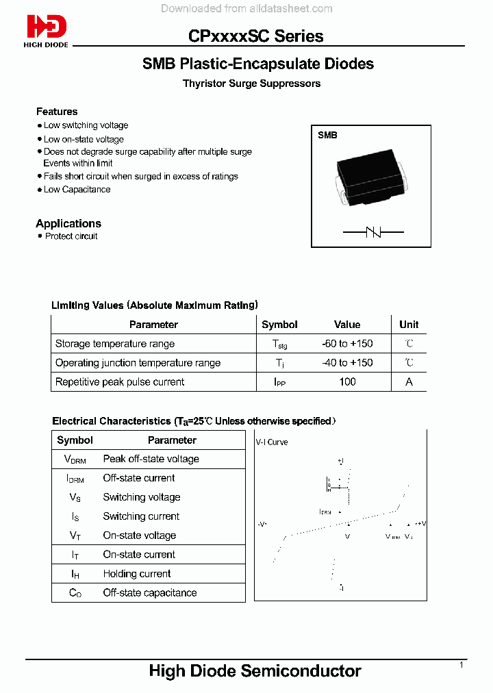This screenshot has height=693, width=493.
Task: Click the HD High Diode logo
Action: click(47, 31)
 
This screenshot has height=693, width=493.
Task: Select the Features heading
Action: click(57, 112)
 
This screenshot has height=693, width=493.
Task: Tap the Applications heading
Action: click(68, 224)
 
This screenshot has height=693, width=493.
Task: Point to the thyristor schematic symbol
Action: click(372, 233)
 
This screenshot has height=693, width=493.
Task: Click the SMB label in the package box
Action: click(327, 136)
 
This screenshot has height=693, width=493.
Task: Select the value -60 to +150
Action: click(347, 344)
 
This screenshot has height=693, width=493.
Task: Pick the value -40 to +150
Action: click(347, 363)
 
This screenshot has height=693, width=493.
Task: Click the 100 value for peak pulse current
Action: click(347, 382)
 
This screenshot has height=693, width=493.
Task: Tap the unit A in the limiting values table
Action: click(409, 382)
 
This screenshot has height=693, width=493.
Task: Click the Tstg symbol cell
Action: click(279, 344)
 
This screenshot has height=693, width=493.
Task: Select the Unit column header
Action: click(409, 325)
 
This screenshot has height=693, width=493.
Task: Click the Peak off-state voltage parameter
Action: click(151, 459)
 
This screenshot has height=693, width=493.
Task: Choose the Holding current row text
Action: click(137, 574)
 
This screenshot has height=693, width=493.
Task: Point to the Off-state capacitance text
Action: click(150, 593)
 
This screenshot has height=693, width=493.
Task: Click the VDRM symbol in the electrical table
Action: click(75, 459)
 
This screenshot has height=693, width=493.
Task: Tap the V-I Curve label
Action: click(272, 442)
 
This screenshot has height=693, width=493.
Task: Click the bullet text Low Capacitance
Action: click(77, 190)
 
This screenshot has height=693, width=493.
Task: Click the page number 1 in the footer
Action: click(462, 665)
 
